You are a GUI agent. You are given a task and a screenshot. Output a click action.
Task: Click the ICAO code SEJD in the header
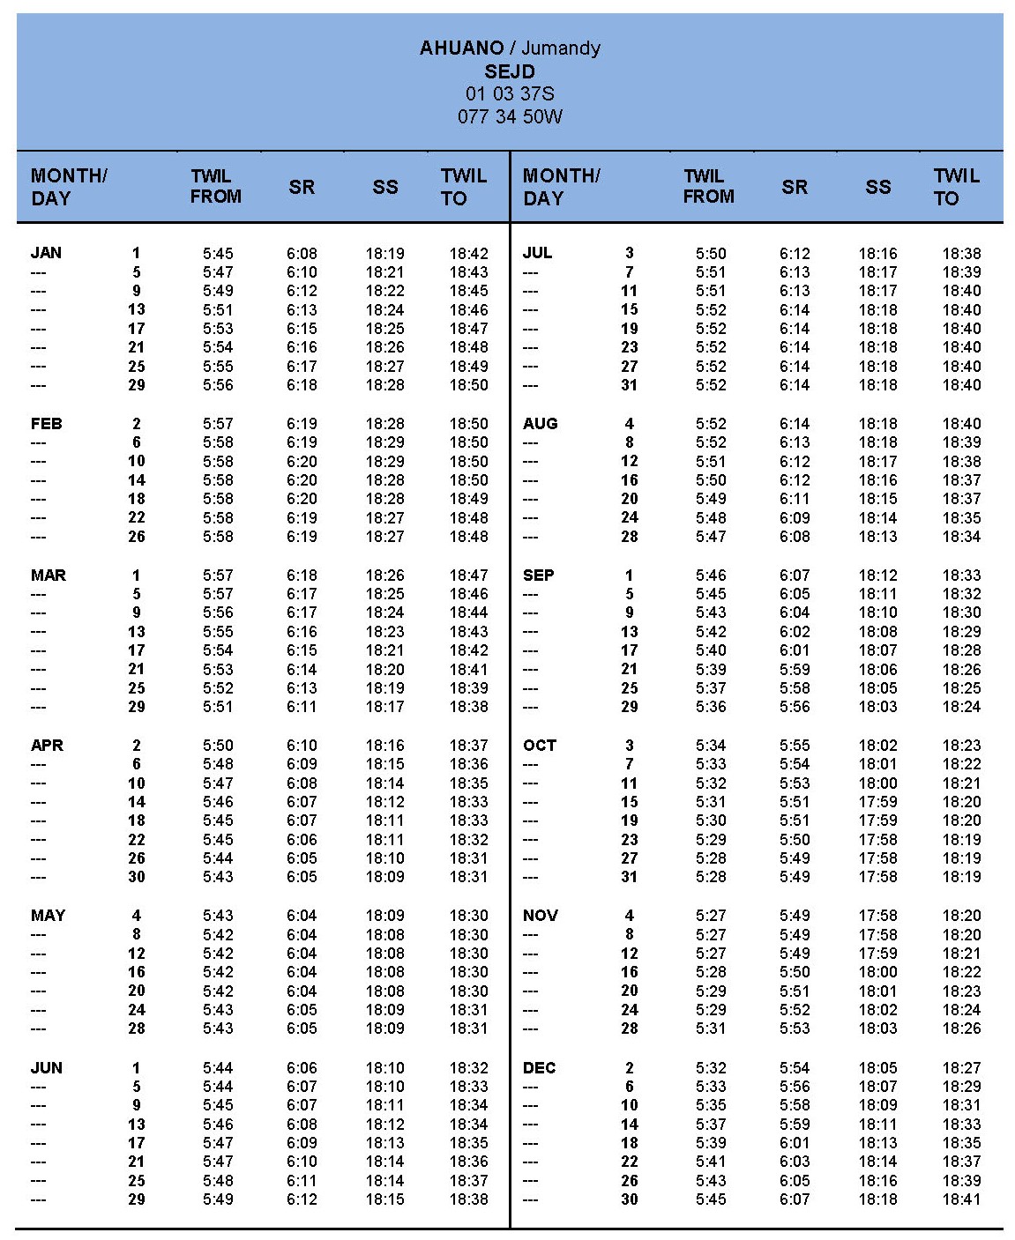(510, 71)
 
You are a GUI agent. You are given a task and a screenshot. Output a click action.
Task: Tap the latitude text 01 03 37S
(510, 93)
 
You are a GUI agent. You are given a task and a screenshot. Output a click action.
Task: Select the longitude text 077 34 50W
(510, 116)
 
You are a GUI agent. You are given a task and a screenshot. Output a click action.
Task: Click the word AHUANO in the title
(461, 48)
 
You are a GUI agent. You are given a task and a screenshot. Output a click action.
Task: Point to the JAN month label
(46, 253)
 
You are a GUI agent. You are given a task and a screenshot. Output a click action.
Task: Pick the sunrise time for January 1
(302, 254)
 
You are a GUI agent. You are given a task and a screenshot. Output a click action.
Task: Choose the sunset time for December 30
(878, 1199)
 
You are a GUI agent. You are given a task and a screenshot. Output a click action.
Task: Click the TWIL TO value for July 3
(961, 254)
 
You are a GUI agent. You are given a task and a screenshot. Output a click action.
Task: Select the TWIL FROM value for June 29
(218, 1199)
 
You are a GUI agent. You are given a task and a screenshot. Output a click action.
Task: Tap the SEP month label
(538, 575)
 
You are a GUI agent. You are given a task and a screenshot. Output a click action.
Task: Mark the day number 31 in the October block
(629, 877)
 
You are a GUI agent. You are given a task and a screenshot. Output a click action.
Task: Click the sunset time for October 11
(878, 783)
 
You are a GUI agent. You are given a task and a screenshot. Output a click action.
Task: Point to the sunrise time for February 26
(302, 537)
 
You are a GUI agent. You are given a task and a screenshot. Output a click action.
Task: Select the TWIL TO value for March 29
(468, 707)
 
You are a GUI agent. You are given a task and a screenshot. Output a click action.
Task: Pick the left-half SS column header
(385, 187)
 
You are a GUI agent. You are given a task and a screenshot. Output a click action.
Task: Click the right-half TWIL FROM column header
(708, 187)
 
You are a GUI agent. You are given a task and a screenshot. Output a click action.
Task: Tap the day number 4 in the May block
(137, 916)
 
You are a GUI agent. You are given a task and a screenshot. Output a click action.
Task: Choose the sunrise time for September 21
(795, 670)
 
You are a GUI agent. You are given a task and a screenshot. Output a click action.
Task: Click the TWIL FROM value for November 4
(711, 916)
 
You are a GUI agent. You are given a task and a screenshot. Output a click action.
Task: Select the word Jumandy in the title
(561, 48)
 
